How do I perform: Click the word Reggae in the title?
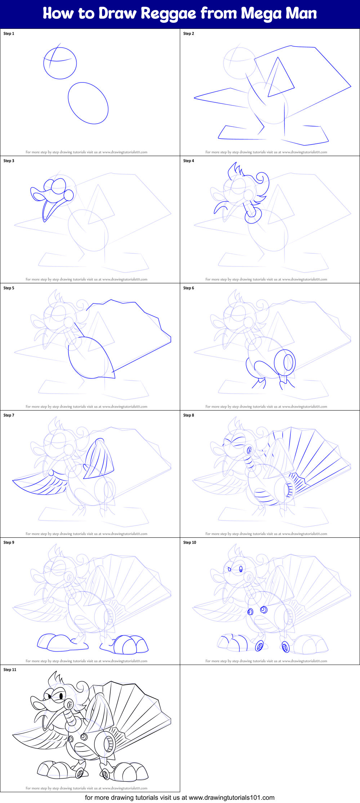[168, 14]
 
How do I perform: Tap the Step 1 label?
[9, 34]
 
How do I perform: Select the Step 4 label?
[188, 161]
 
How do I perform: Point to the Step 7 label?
[9, 415]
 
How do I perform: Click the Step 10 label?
[190, 542]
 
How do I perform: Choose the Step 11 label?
[10, 670]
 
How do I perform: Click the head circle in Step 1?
[60, 63]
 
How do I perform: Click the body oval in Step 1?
[88, 103]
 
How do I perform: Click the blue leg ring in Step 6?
[285, 362]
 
